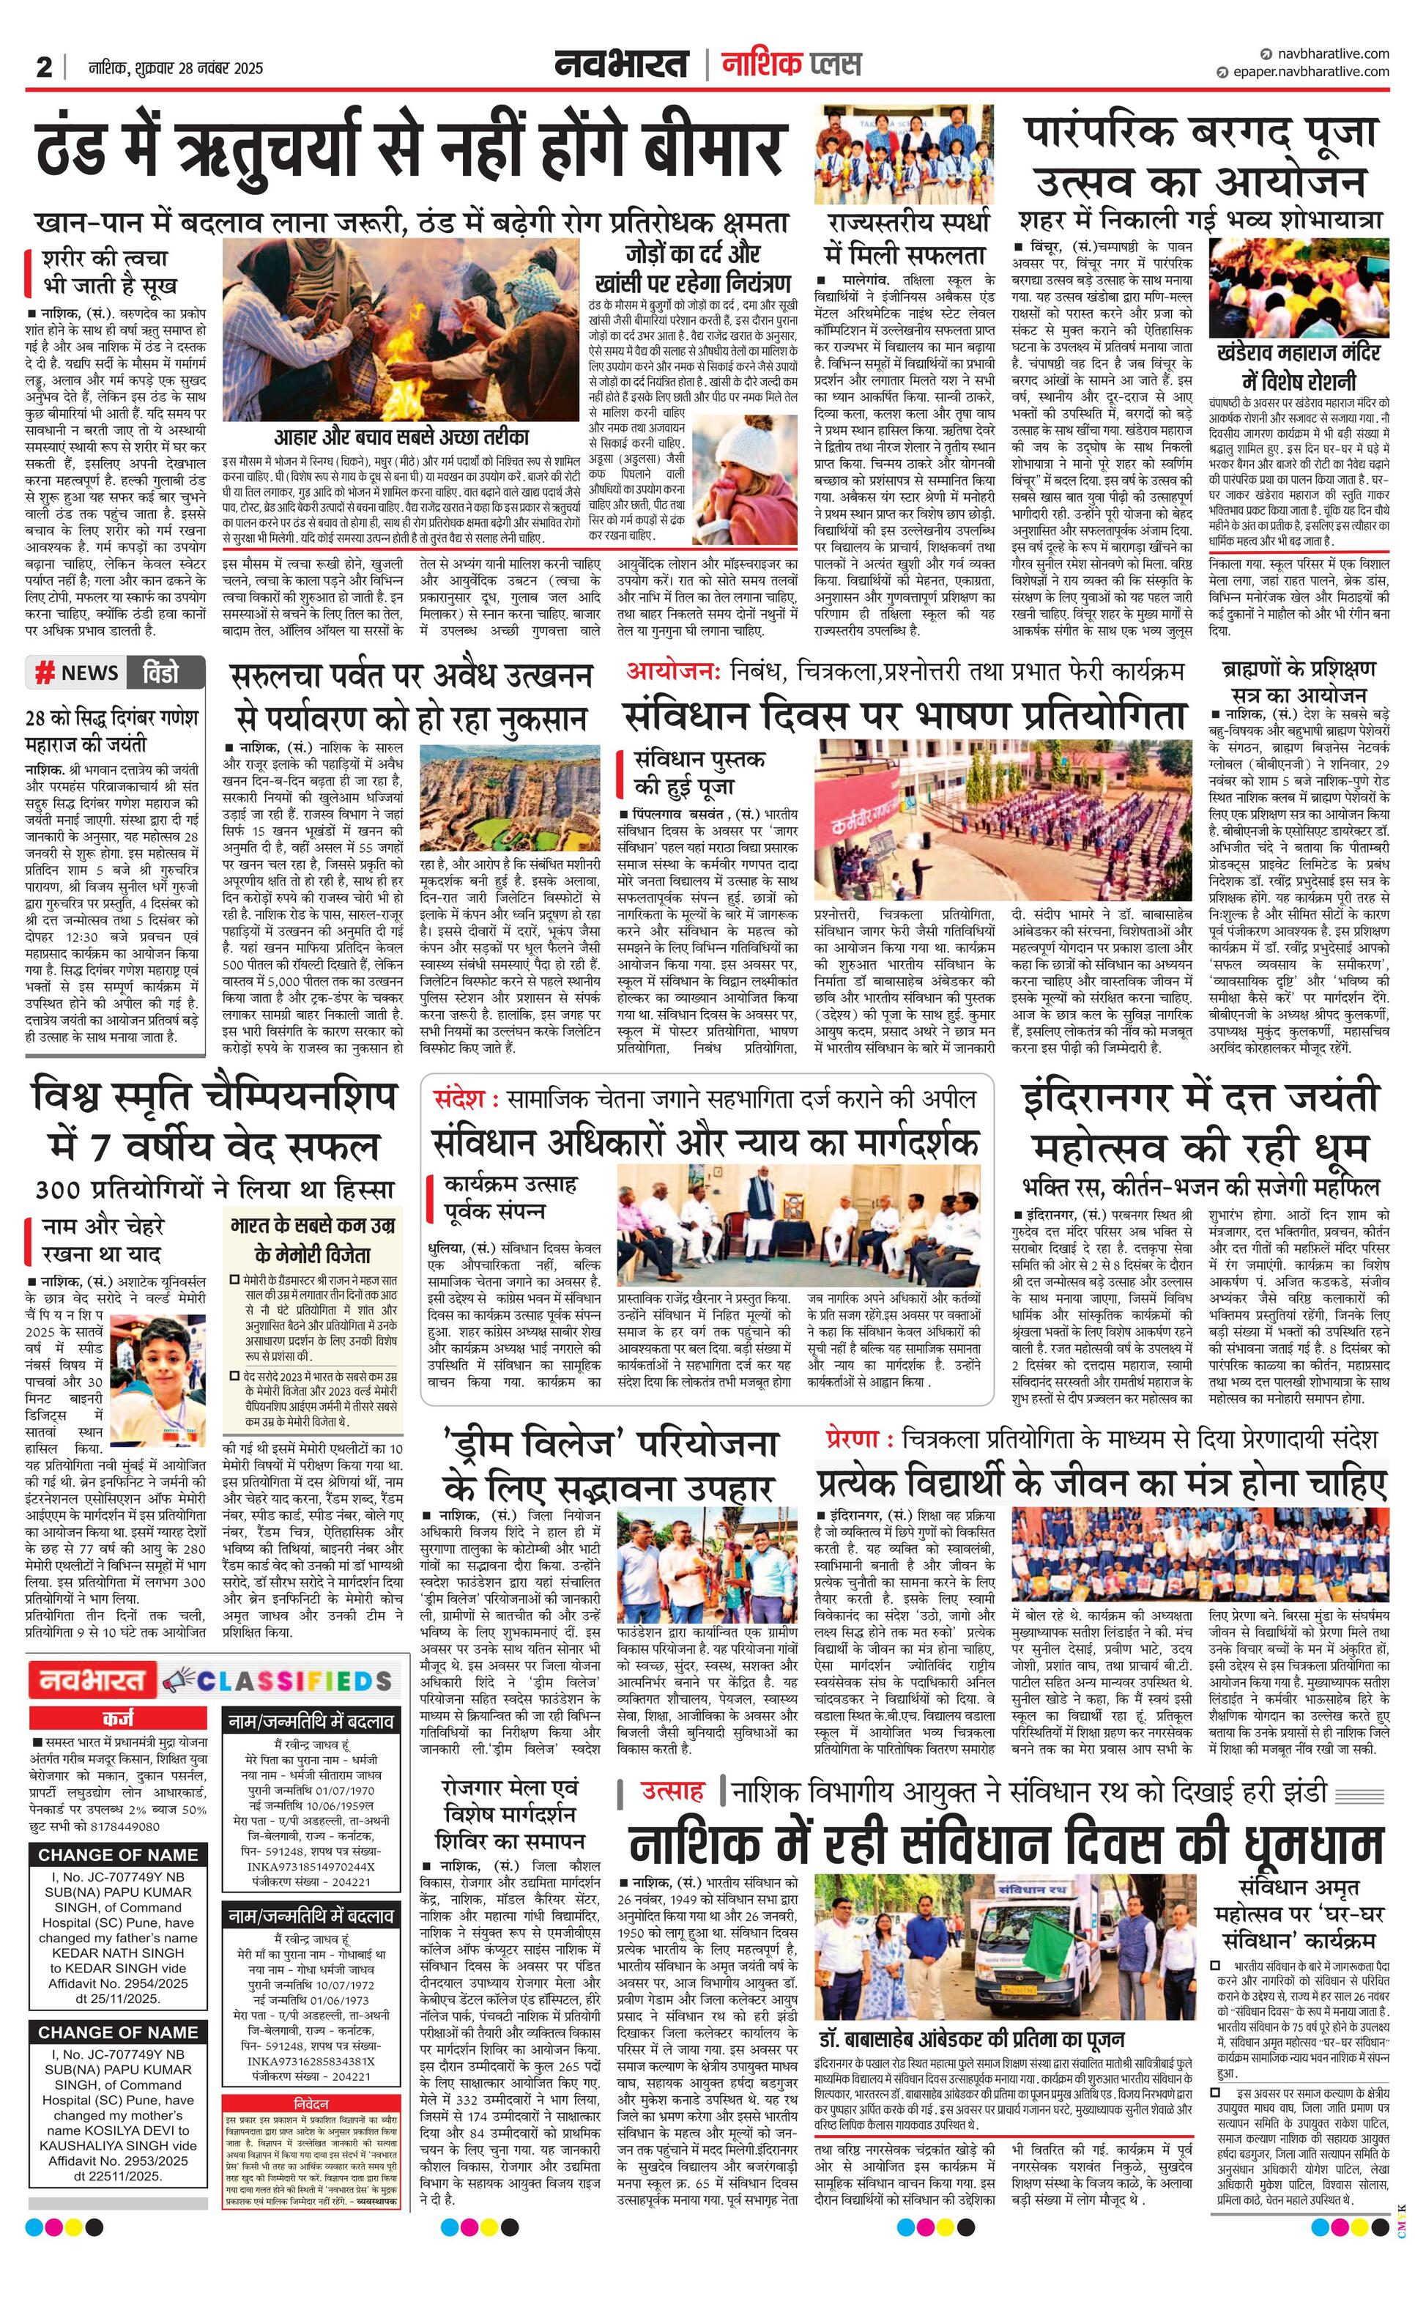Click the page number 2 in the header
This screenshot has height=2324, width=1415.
pos(43,68)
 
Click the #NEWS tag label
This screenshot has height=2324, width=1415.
pos(78,673)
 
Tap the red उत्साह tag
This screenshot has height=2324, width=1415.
pos(672,1788)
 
